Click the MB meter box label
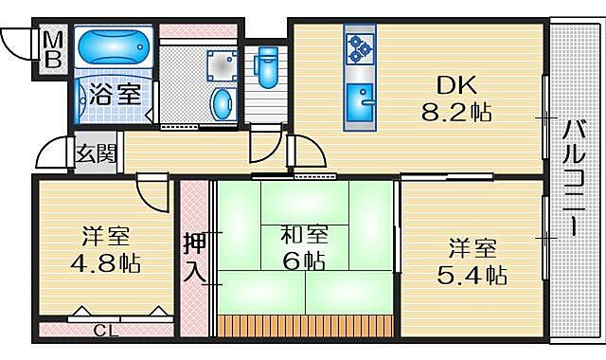pos(54,48)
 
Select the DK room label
pos(455,82)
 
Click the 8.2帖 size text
pos(456,113)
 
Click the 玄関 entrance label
pos(96,153)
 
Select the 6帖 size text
pos(302,260)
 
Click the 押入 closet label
pos(193,256)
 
